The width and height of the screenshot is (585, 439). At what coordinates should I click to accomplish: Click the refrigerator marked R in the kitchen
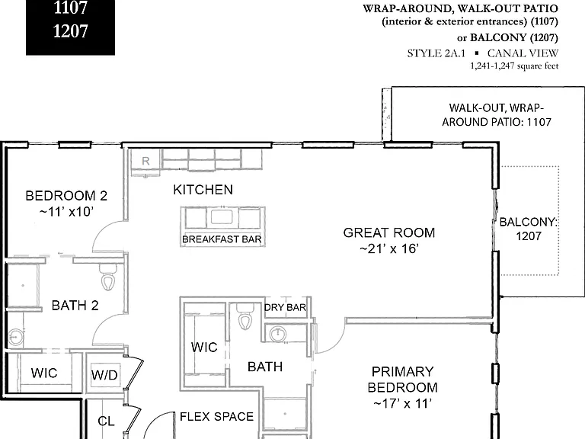click(x=145, y=160)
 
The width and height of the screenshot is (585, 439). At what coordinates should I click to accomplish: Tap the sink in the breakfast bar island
click(x=222, y=217)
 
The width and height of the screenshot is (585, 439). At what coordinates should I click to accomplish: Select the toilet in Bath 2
click(x=108, y=278)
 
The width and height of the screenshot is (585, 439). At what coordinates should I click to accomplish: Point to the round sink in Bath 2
click(x=16, y=337)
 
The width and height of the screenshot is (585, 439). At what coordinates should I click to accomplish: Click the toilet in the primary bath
click(x=245, y=317)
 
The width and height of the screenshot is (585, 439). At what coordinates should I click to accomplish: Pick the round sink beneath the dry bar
click(x=278, y=333)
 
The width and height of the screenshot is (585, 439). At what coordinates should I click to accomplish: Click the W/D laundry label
click(x=104, y=375)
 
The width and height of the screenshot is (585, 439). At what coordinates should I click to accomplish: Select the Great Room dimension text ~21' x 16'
click(x=389, y=248)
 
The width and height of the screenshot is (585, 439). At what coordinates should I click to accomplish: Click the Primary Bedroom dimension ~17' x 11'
click(x=402, y=403)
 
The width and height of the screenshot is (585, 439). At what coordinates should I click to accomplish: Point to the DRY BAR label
click(x=285, y=308)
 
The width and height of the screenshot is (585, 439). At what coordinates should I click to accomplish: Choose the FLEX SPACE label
click(x=217, y=417)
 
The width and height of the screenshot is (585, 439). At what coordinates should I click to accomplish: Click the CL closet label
click(x=106, y=421)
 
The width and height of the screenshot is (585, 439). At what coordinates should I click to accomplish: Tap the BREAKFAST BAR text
click(x=222, y=239)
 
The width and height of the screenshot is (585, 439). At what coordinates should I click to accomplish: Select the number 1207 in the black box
click(x=71, y=31)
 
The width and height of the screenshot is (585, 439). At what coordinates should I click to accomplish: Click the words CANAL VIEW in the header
click(x=523, y=53)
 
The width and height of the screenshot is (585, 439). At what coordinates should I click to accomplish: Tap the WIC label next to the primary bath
click(x=204, y=348)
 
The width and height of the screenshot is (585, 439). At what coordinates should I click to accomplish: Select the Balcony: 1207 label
click(x=529, y=229)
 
